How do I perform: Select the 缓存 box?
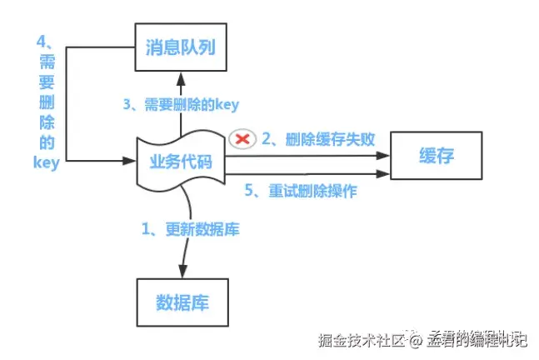437,155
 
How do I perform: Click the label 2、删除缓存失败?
317,139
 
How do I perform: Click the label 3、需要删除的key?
180,105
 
